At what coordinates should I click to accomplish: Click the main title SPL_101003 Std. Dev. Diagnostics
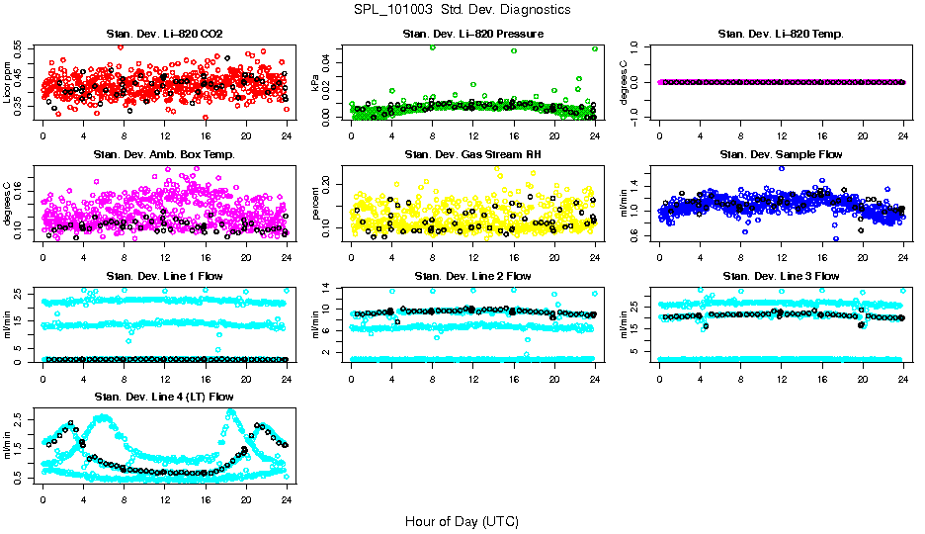(x=462, y=9)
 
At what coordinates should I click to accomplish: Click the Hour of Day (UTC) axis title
(x=462, y=520)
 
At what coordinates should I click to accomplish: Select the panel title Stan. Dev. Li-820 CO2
(x=164, y=35)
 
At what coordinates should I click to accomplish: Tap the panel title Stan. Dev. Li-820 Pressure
(x=472, y=35)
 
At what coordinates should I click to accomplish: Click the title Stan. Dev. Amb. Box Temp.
(x=164, y=154)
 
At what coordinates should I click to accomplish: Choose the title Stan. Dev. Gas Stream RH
(x=472, y=154)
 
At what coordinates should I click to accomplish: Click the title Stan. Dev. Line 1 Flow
(x=164, y=275)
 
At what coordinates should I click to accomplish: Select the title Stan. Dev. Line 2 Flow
(x=472, y=275)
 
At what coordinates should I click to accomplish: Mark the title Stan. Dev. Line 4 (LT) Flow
(x=164, y=396)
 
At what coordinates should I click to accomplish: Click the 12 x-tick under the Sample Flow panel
(x=781, y=256)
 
